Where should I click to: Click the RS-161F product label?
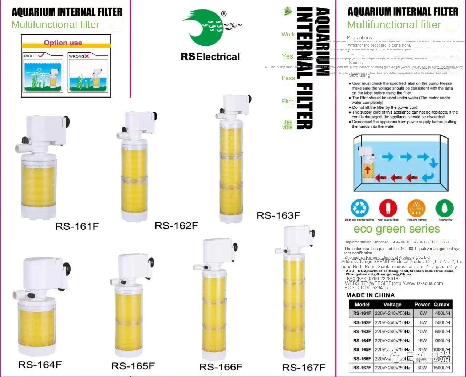point(77,226)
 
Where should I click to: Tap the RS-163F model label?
point(278,215)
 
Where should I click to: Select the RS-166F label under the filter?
point(221,366)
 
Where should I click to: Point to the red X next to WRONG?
point(87,56)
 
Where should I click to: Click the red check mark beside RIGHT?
point(41,55)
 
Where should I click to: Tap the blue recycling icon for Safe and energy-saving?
point(359,209)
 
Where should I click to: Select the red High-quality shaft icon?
point(388,209)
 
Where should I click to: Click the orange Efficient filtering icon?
point(416,209)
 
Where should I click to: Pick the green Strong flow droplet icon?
point(445,209)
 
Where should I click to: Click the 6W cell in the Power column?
point(423,313)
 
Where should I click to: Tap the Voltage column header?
point(392,305)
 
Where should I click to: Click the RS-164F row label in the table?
point(362,341)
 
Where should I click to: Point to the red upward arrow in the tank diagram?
point(367,170)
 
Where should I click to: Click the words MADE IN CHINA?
point(370,295)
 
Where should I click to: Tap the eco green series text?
point(396,229)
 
